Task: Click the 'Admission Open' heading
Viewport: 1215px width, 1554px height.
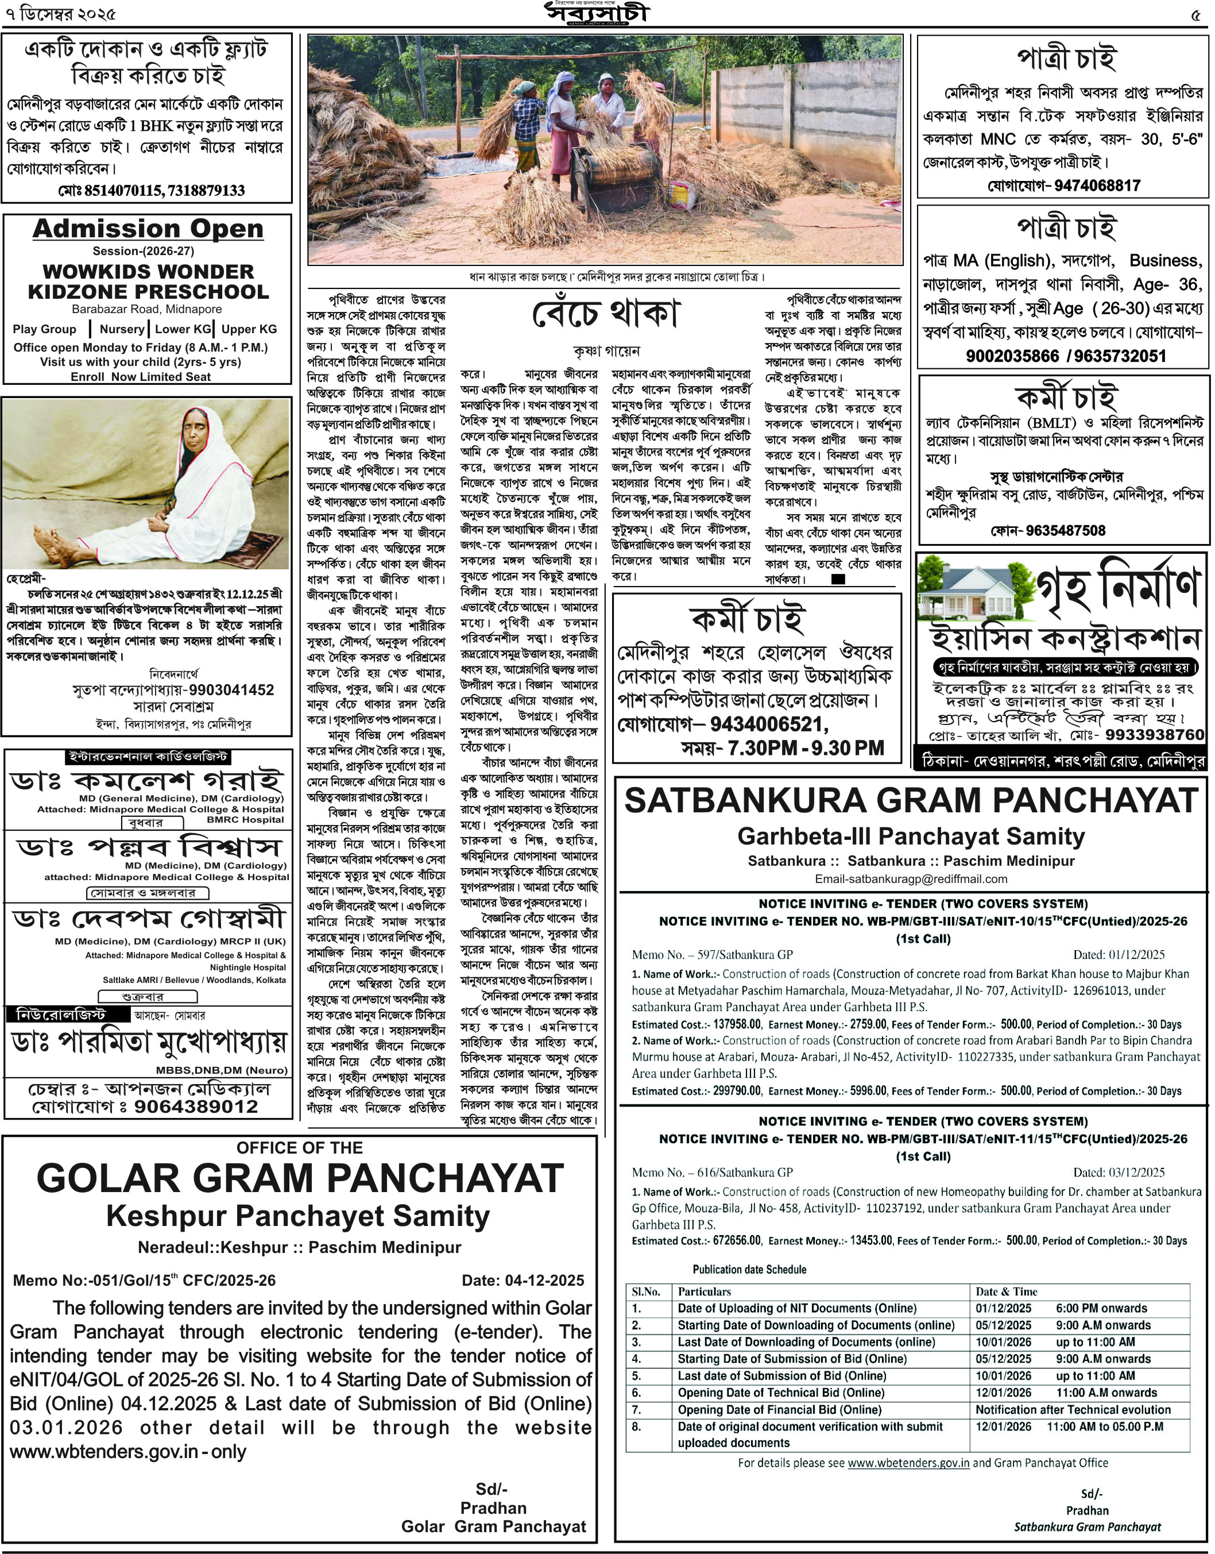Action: [x=148, y=229]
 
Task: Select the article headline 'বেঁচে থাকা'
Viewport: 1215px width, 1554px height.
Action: [x=606, y=314]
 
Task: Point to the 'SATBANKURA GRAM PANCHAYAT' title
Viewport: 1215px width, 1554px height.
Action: [x=911, y=800]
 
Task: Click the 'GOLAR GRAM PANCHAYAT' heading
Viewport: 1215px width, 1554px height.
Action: [x=300, y=1178]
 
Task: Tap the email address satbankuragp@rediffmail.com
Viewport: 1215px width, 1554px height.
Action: [x=911, y=879]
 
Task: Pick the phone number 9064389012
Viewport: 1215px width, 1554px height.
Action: [x=196, y=1106]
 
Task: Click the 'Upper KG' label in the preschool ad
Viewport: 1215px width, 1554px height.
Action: [x=249, y=329]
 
